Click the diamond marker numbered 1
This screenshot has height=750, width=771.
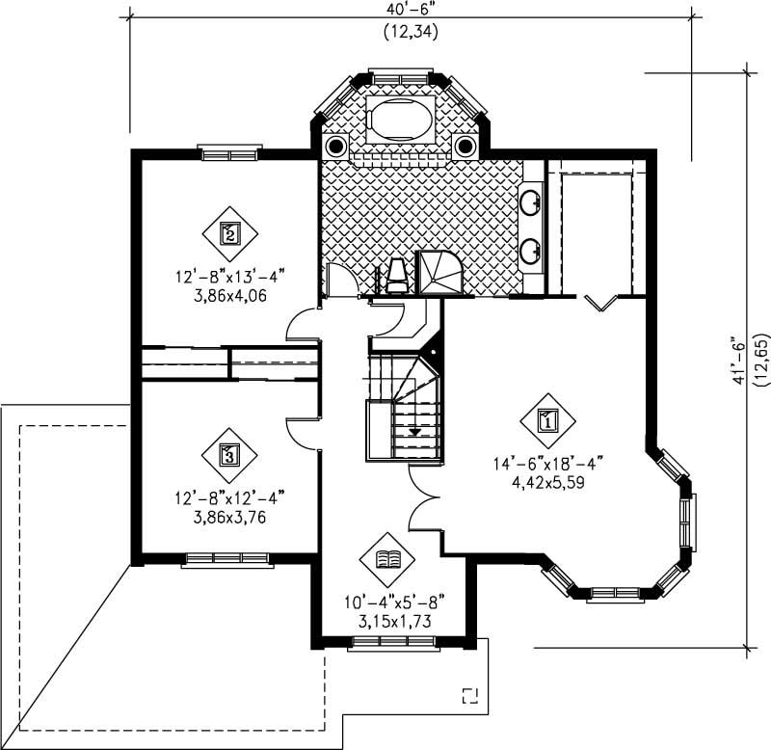pyautogui.click(x=546, y=420)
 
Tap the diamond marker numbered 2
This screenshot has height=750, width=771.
pyautogui.click(x=229, y=232)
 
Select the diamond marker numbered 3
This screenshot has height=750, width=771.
pyautogui.click(x=228, y=453)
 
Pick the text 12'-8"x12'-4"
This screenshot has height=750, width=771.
pyautogui.click(x=229, y=498)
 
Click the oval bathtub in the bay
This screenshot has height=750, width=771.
pyautogui.click(x=403, y=119)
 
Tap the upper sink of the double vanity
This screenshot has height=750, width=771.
pyautogui.click(x=531, y=202)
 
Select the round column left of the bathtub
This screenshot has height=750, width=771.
pyautogui.click(x=336, y=147)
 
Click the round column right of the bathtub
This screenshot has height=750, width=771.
pyautogui.click(x=466, y=147)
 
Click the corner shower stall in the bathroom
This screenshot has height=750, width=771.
pyautogui.click(x=441, y=272)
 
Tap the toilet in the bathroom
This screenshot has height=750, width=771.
pyautogui.click(x=395, y=275)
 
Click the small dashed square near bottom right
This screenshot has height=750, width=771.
pyautogui.click(x=470, y=696)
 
